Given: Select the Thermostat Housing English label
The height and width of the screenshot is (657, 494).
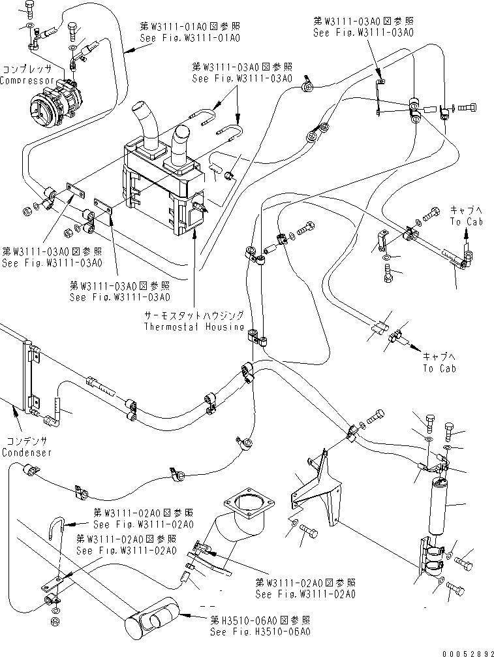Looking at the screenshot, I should tap(194, 326).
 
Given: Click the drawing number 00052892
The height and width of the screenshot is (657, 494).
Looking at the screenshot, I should tap(465, 651).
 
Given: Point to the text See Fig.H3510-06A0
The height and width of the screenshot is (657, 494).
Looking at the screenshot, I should tap(260, 632).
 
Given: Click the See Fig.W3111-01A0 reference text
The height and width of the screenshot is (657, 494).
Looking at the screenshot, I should tap(190, 39).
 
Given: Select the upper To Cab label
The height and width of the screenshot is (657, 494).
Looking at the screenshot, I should tap(466, 222).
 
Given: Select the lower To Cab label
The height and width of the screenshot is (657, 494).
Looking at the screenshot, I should tap(439, 368).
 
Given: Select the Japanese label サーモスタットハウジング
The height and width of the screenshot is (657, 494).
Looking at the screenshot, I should tap(194, 315).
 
